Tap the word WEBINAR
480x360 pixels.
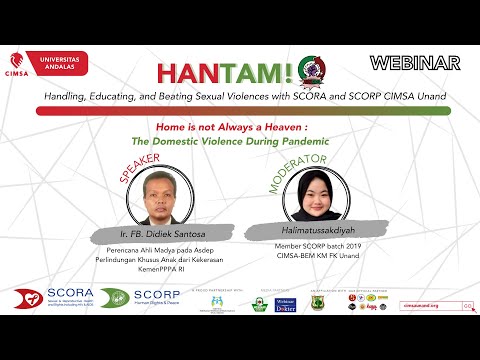pos(415,63)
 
